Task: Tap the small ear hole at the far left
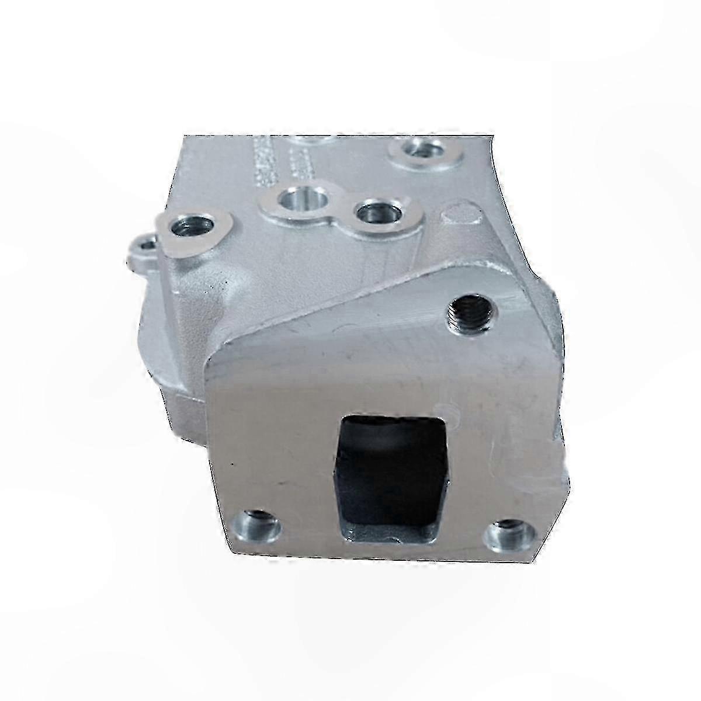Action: coord(141,245)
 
